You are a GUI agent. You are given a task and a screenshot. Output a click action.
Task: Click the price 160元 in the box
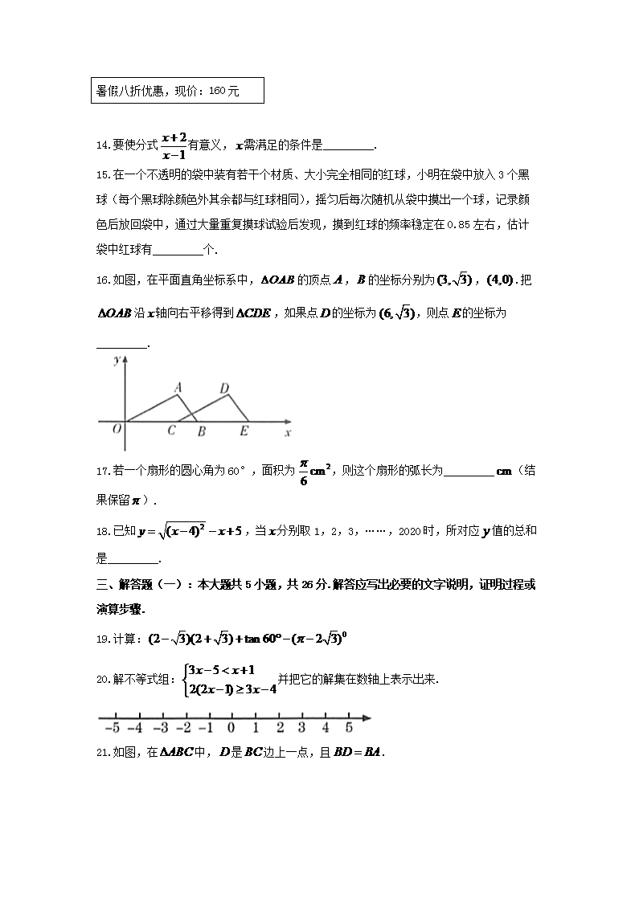(x=223, y=92)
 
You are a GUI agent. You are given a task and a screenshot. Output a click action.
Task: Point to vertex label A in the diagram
(x=178, y=387)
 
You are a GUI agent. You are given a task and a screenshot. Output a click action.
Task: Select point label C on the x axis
(x=171, y=431)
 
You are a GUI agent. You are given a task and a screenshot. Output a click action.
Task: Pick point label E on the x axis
(x=244, y=431)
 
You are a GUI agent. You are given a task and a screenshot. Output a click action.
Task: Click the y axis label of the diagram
(x=117, y=361)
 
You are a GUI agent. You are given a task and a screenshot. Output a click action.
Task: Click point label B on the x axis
(x=201, y=431)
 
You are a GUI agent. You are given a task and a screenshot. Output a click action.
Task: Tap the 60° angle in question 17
(x=230, y=471)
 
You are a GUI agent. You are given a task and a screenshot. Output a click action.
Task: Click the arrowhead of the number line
(x=367, y=717)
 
